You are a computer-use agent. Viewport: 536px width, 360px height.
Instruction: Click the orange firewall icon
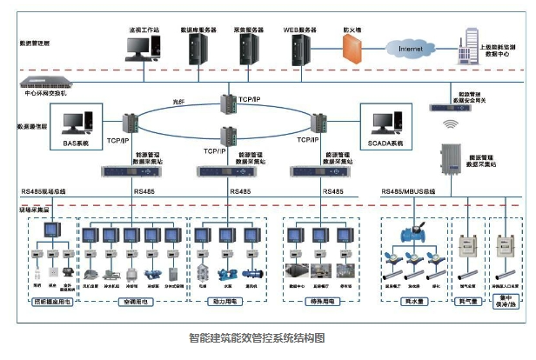coord(351,51)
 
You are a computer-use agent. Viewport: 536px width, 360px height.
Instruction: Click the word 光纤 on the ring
coord(178,103)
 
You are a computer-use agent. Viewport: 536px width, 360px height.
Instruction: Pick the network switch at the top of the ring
coord(228,103)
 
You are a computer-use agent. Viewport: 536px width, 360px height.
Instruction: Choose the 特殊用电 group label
coord(318,301)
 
